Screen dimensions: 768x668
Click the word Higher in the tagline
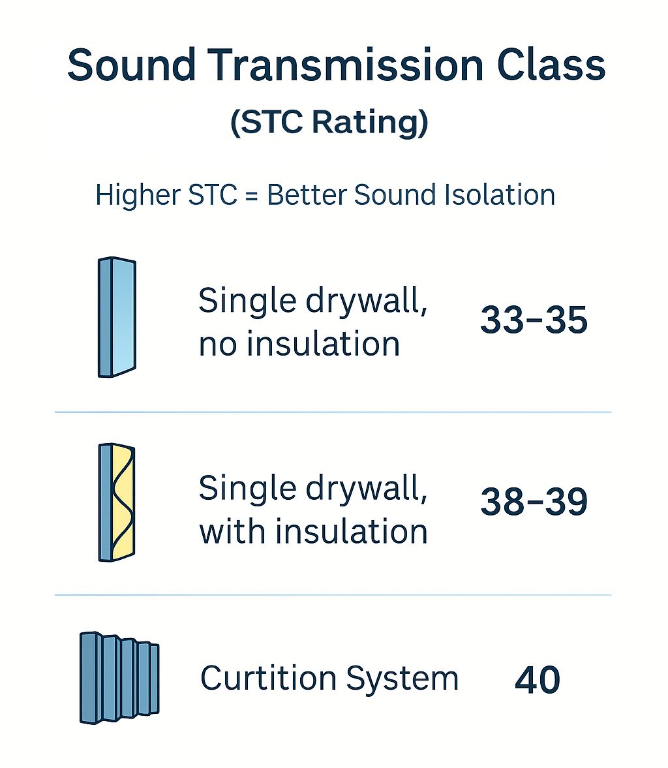tap(136, 196)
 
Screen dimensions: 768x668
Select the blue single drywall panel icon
tap(117, 317)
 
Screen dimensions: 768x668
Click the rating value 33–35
tap(534, 320)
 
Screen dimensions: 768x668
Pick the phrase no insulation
tap(299, 344)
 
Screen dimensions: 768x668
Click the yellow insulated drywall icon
tap(117, 502)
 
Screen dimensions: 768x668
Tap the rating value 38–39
tap(534, 502)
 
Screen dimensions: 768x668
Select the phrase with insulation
tap(313, 532)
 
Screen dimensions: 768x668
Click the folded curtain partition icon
tap(119, 677)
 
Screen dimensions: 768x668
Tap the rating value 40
tap(537, 680)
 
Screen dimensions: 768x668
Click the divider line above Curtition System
tap(333, 595)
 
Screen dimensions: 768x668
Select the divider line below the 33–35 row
tap(333, 412)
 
